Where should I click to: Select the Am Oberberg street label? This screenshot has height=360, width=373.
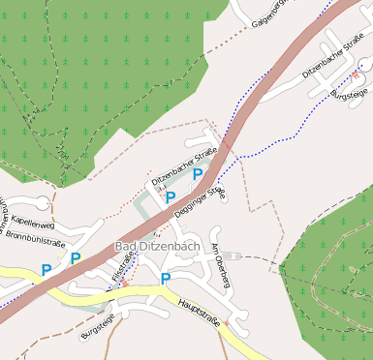pos(220,264)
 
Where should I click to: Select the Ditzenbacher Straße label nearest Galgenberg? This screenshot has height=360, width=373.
pos(331,59)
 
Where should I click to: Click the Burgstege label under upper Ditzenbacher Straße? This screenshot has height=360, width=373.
pos(349,94)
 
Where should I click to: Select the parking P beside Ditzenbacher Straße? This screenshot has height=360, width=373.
pos(198,174)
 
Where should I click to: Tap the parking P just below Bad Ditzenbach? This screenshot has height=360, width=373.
pos(165,279)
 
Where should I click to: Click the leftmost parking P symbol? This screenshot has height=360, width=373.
pos(46,269)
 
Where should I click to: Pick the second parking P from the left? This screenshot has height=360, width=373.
pos(75,258)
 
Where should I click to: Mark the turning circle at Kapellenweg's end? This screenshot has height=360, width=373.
pos(44,202)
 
